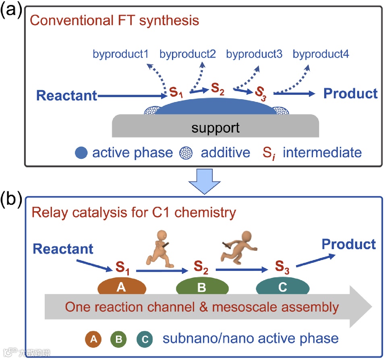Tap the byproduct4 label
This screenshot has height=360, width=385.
pos(321,54)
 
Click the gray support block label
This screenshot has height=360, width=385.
pos(215,128)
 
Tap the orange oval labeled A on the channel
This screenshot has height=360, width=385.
pos(121,287)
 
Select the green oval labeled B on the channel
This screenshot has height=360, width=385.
pos(202,287)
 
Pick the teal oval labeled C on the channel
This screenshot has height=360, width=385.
pos(283,287)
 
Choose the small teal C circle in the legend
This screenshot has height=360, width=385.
pos(145,339)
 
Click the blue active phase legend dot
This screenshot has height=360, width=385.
pos(81,153)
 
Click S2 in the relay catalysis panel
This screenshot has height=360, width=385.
pos(202,266)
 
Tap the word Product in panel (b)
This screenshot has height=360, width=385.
pos(349,244)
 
